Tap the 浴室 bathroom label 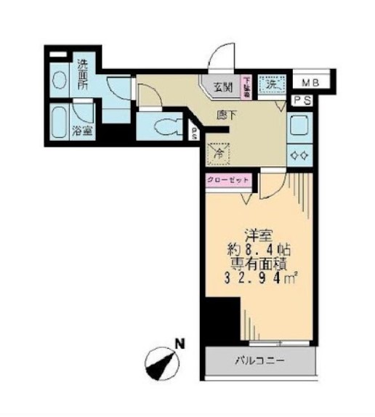(x=82, y=132)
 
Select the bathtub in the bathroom (x=60, y=121)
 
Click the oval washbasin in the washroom (x=59, y=80)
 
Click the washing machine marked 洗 (x=271, y=84)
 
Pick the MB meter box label (x=310, y=81)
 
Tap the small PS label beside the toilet (x=194, y=133)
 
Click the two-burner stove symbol (x=299, y=153)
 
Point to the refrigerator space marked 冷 (x=217, y=152)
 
